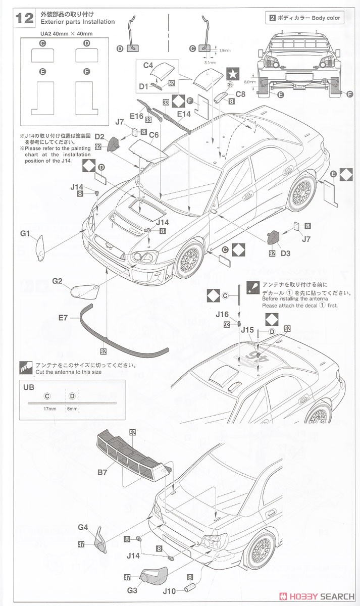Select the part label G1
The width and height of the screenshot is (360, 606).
[x=26, y=233]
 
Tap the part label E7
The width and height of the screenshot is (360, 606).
[x=63, y=318]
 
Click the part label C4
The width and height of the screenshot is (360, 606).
[x=147, y=65]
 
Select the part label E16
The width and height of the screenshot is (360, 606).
[x=136, y=116]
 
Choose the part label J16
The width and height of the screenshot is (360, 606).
[x=222, y=314]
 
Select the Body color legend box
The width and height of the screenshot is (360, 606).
[x=305, y=18]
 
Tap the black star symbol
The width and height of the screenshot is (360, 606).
[x=232, y=74]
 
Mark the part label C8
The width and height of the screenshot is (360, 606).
[x=240, y=93]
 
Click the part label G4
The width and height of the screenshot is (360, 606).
[x=83, y=527]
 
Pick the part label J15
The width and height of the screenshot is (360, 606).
[x=247, y=330]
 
